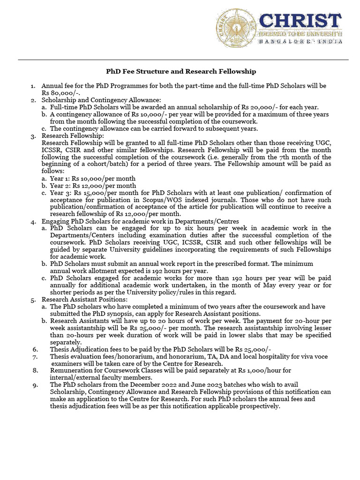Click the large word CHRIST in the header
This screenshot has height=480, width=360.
[300, 22]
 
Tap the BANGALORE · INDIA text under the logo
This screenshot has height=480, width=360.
[300, 41]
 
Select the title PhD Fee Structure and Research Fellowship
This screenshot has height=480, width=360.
[180, 71]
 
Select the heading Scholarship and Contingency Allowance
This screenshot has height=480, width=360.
[101, 100]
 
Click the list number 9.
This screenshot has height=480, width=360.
[35, 384]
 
